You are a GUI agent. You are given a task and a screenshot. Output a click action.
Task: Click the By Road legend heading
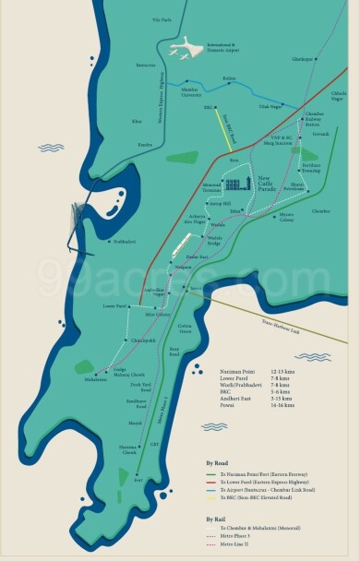[x=214, y=462]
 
